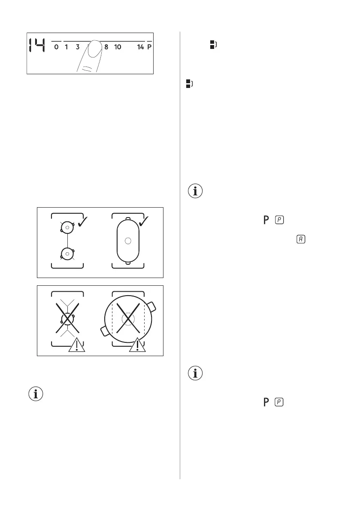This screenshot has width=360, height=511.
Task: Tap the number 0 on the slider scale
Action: [56, 47]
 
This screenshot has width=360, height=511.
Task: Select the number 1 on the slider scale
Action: [67, 47]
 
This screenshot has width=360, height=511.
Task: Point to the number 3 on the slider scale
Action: [78, 47]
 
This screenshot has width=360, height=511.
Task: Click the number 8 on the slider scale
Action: [106, 47]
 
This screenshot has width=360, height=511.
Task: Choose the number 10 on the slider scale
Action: [118, 47]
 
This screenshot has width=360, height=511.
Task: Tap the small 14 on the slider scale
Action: [140, 47]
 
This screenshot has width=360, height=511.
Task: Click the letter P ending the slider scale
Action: [149, 47]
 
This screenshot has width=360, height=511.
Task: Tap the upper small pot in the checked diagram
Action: [68, 229]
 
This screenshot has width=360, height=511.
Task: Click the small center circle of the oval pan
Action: [127, 241]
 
